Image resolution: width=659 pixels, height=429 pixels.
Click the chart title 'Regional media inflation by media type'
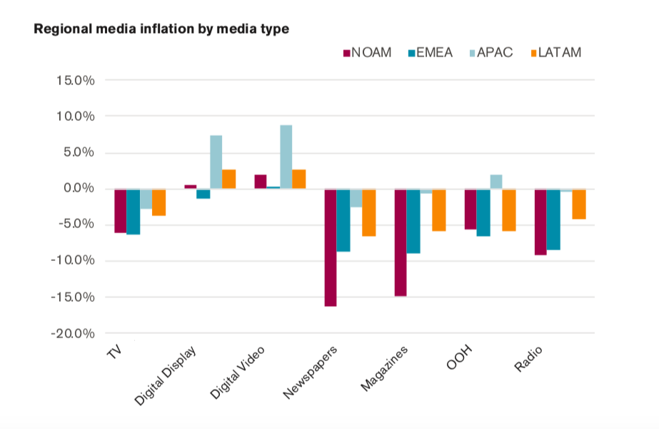click(161, 29)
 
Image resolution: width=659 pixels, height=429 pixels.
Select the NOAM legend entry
click(368, 52)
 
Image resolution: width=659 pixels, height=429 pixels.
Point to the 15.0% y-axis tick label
click(75, 80)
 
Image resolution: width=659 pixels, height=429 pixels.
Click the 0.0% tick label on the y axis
click(78, 189)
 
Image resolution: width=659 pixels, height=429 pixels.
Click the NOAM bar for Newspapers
click(331, 247)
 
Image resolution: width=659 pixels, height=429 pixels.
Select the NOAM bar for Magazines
click(401, 242)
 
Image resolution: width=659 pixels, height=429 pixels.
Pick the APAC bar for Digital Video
click(286, 157)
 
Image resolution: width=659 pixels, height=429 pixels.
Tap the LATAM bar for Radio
click(578, 204)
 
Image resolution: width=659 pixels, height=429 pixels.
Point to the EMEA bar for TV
click(134, 212)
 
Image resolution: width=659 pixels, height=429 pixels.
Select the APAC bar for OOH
click(496, 182)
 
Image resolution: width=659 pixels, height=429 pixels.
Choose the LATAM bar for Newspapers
click(368, 212)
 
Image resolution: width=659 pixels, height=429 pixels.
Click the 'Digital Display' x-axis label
click(166, 376)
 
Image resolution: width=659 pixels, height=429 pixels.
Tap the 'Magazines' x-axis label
click(385, 369)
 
